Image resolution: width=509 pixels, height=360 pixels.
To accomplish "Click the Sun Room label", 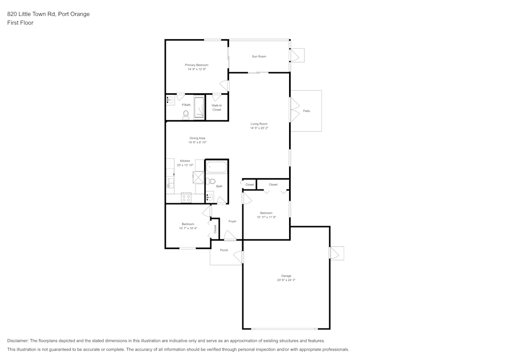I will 259,57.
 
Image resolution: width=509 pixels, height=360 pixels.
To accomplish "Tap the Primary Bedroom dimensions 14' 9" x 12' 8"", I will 196,69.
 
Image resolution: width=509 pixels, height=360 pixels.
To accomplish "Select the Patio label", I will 306,110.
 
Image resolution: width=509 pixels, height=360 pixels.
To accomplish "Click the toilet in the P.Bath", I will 186,114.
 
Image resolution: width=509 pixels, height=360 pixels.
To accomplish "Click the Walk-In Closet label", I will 217,107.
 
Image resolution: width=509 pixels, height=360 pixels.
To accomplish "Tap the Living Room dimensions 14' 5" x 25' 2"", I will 259,128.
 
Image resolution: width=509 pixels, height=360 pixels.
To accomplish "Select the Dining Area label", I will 197,138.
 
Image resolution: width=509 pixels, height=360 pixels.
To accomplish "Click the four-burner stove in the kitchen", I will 186,198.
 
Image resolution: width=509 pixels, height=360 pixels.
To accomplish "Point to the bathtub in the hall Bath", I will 217,167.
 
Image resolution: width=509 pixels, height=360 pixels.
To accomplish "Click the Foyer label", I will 232,221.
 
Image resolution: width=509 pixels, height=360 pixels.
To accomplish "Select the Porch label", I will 224,250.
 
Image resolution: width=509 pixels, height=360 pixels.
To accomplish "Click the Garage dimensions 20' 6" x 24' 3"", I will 286,280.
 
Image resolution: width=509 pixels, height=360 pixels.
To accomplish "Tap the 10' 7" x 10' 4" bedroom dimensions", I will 188,228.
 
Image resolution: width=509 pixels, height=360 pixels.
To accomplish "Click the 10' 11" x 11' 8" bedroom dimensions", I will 266,217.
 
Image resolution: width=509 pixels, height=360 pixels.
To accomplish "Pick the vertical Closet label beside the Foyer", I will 215,229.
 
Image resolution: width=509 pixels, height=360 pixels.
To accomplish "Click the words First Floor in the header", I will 20,23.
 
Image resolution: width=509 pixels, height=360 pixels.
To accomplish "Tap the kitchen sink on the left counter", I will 170,183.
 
